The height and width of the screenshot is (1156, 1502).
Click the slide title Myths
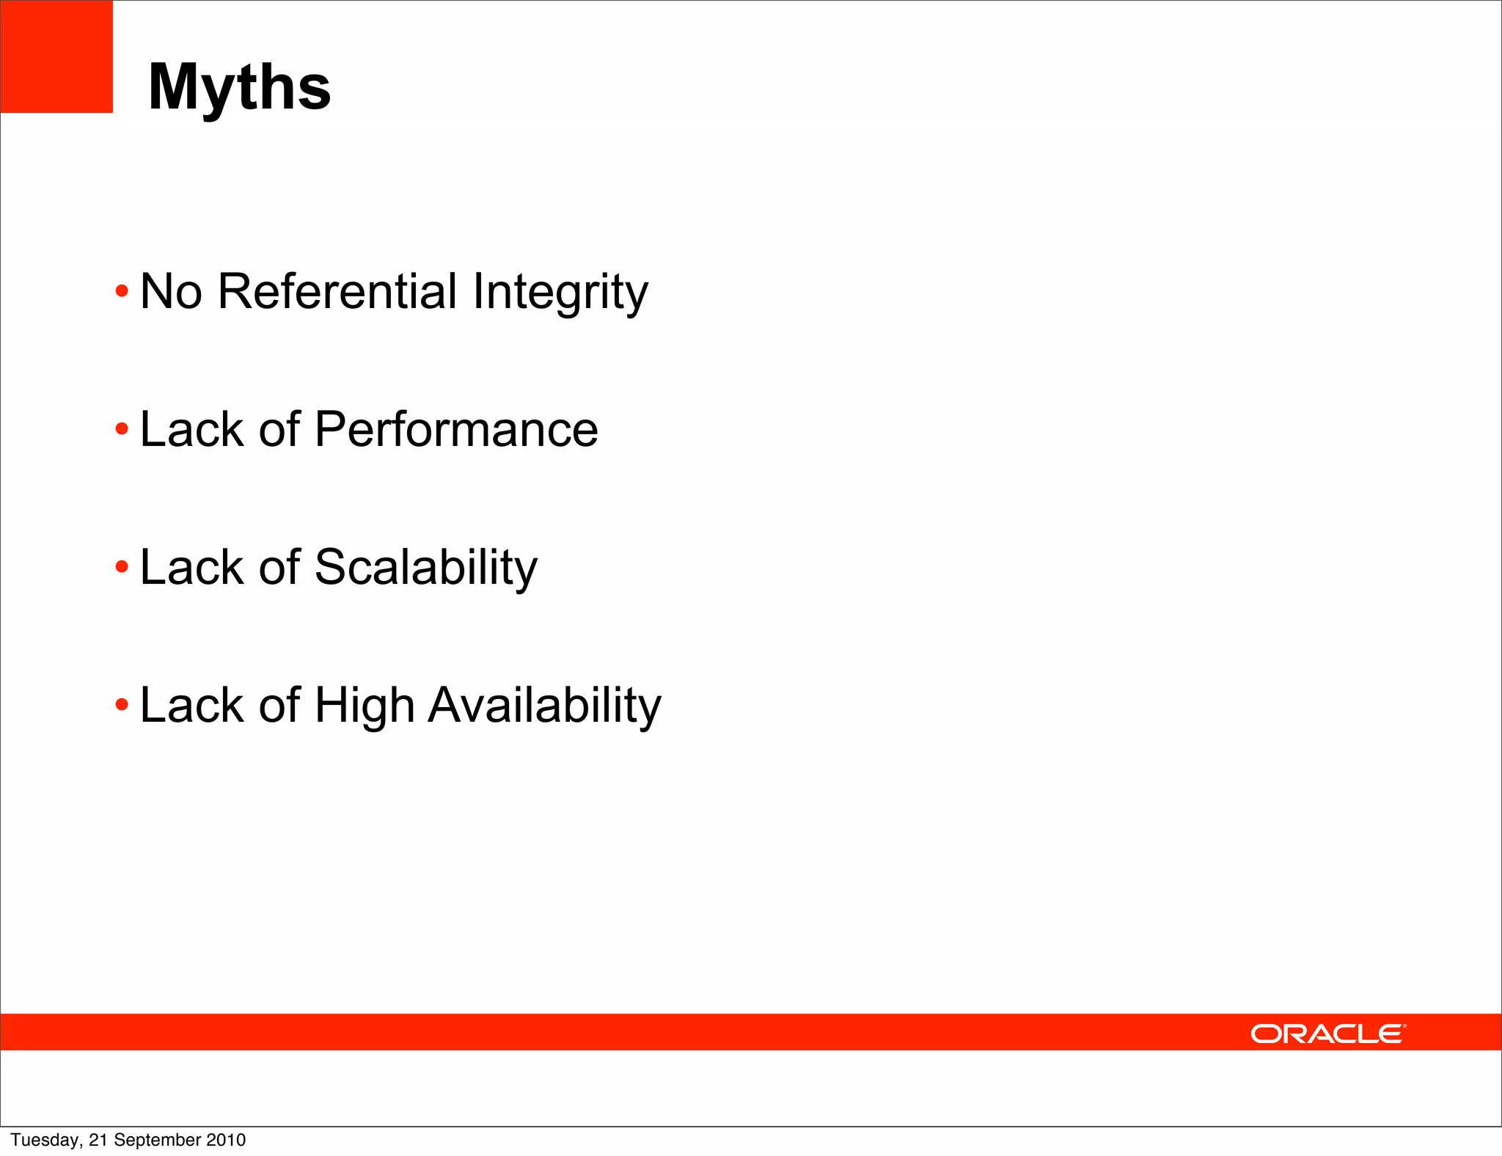(239, 87)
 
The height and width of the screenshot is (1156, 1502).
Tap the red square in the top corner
(56, 56)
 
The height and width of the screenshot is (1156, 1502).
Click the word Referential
(338, 291)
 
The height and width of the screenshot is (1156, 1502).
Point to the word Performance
(456, 430)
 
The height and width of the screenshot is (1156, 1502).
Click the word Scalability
(425, 568)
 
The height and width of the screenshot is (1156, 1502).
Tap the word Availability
(544, 706)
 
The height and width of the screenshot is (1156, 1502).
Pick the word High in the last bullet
(364, 706)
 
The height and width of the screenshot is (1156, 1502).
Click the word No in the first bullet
(171, 291)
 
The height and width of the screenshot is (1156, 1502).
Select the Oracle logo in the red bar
(1328, 1034)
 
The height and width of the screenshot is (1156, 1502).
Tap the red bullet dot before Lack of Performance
(122, 430)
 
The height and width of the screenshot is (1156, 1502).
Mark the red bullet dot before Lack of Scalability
(122, 567)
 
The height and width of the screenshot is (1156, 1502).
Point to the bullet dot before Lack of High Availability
(122, 705)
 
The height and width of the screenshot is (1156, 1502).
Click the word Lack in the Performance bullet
(190, 430)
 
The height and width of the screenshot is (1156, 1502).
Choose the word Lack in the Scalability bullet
(190, 568)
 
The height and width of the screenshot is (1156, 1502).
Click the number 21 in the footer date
(98, 1140)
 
